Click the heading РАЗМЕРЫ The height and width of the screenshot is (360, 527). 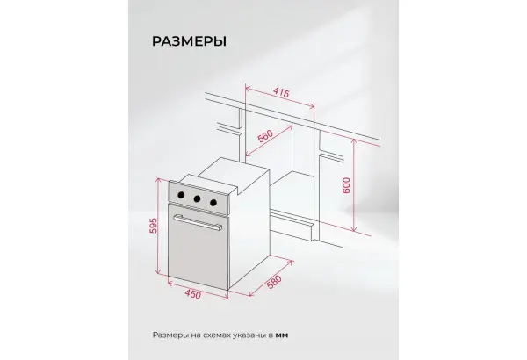(189, 41)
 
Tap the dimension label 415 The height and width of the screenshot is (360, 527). (281, 92)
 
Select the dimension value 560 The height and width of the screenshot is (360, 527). (265, 136)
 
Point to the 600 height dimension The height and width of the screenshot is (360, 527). (346, 185)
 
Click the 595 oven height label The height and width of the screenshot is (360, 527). (153, 226)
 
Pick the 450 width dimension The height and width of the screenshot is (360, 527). (193, 294)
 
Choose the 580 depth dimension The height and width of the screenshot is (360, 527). (273, 283)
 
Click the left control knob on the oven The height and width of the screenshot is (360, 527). (181, 195)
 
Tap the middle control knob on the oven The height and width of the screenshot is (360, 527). (197, 198)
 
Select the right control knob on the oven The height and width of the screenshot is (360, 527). (213, 203)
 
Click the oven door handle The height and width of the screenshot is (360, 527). (198, 222)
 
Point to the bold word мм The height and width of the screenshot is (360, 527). (282, 335)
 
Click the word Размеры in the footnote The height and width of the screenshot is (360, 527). (170, 335)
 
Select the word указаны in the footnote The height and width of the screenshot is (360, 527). (249, 335)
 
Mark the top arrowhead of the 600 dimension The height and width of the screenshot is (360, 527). (354, 140)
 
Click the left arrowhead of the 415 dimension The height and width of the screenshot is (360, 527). (248, 89)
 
